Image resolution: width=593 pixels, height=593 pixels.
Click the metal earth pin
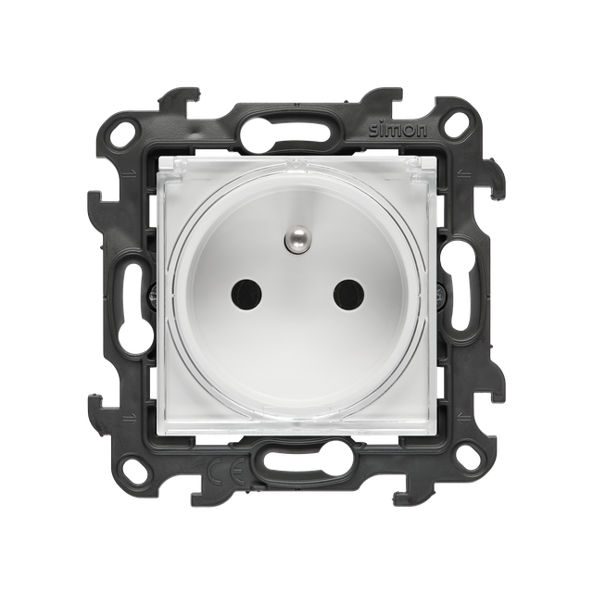[x=296, y=239]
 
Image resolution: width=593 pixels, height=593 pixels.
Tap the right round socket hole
[x=348, y=294]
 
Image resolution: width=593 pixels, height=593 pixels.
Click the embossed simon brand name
[x=397, y=130]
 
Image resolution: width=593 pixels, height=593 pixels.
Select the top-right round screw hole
[x=455, y=130]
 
